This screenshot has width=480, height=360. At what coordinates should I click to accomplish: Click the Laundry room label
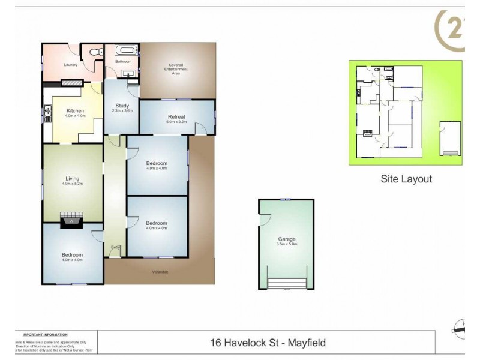(71, 65)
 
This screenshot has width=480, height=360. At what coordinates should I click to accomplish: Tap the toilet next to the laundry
(93, 53)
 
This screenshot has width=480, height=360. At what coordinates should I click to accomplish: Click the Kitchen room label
(75, 111)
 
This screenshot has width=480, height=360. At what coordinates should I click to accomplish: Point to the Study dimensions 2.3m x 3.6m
(122, 111)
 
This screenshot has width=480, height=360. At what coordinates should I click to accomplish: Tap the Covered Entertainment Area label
(176, 70)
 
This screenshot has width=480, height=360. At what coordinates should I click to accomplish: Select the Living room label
(73, 178)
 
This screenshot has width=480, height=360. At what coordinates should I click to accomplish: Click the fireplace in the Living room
(72, 220)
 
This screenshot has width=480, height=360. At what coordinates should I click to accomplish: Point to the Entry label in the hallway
(114, 247)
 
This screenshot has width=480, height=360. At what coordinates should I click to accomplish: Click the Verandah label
(159, 273)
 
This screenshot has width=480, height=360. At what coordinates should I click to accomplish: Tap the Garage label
(286, 239)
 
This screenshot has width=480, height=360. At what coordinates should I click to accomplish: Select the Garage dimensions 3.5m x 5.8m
(286, 245)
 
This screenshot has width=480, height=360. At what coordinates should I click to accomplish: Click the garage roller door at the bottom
(286, 284)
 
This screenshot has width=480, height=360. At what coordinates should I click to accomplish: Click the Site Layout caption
(406, 179)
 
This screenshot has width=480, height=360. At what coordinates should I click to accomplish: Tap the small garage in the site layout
(449, 138)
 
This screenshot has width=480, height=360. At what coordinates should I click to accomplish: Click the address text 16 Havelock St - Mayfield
(268, 343)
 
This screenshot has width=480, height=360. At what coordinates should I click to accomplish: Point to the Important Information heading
(45, 334)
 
